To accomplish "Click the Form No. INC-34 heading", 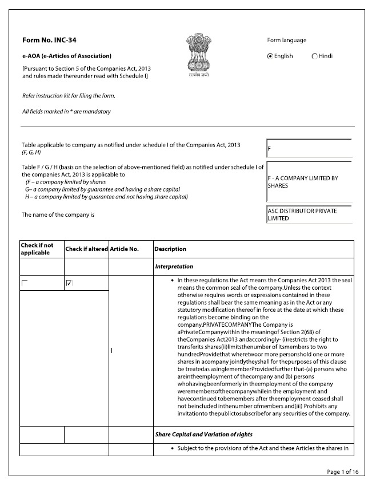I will tap(49, 40).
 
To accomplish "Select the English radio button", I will tap(270, 56).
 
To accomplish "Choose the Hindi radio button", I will tap(315, 56).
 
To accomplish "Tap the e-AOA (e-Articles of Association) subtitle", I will tap(66, 56).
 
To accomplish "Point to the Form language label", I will tap(286, 40).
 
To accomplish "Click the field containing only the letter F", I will tap(309, 148).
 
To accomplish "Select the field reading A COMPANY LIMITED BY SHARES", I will tap(309, 182).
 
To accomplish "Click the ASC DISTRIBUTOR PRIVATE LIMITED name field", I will tap(309, 214).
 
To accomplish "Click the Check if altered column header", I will tap(86, 249).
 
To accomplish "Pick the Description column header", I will tap(170, 249).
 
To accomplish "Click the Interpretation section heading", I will tap(174, 266).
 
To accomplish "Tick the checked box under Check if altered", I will tap(69, 283).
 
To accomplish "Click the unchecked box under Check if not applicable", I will tap(25, 283).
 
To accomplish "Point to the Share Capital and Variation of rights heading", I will tap(203, 435).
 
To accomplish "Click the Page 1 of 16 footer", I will tap(342, 472).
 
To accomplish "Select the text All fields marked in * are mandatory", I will tap(66, 111).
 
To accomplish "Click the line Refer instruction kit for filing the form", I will tap(69, 95).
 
